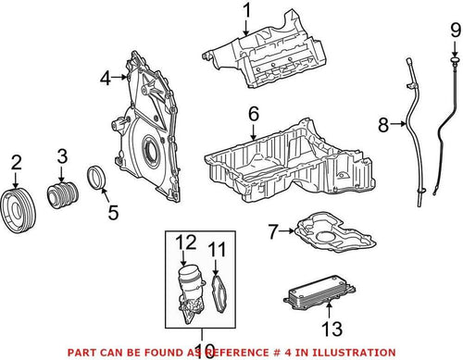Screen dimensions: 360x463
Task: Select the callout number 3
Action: (x=63, y=155)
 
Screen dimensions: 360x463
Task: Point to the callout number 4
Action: (x=105, y=79)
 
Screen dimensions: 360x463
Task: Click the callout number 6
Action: (x=252, y=115)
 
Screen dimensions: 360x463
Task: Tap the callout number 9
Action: (x=455, y=34)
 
